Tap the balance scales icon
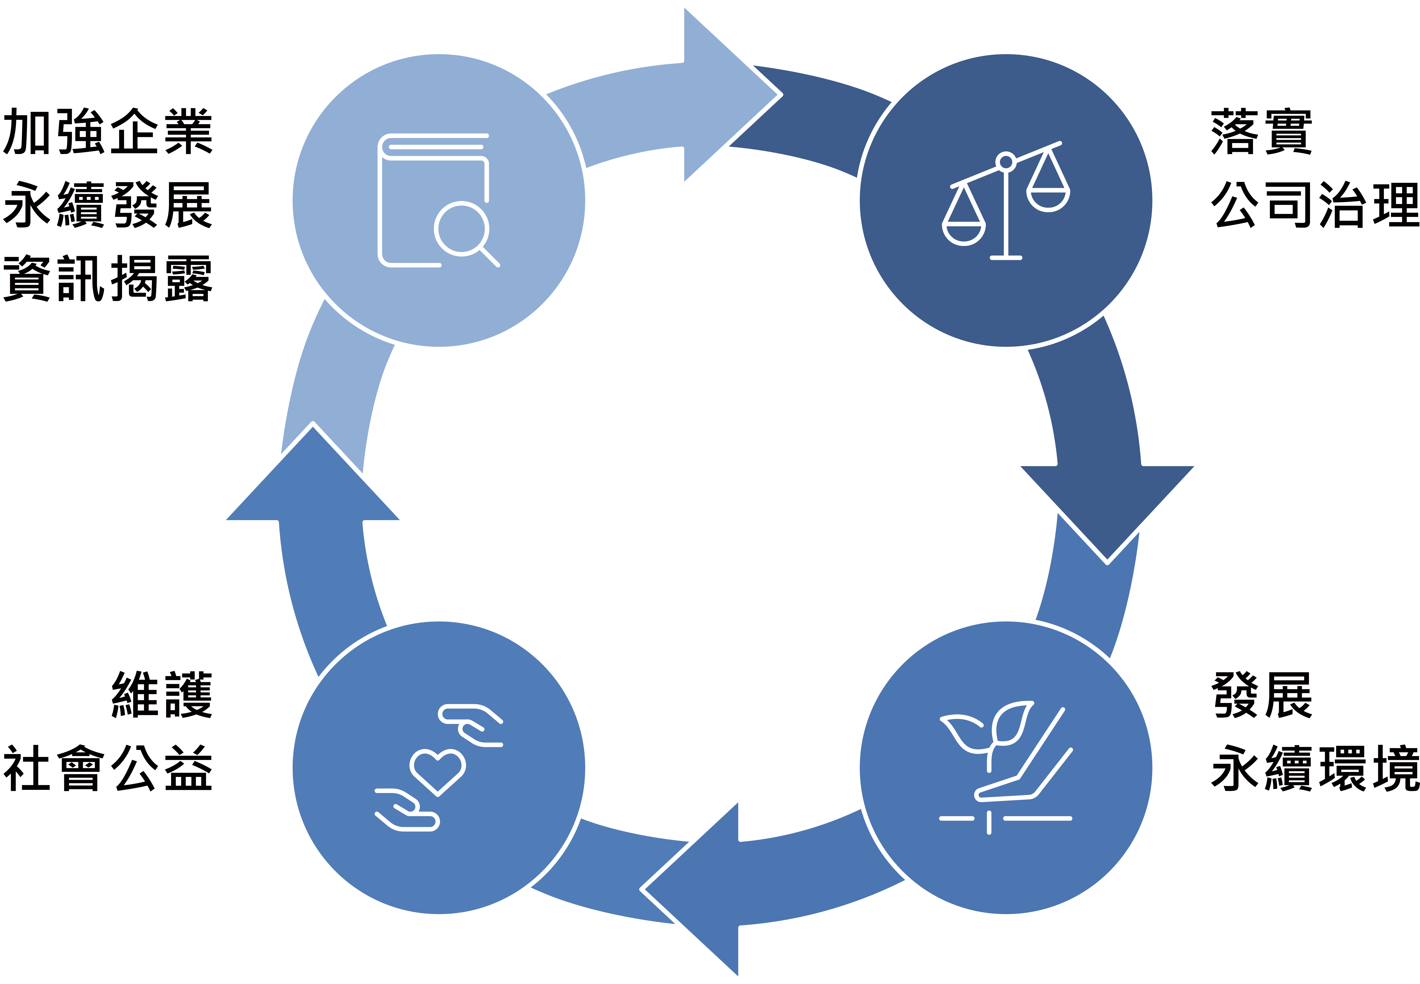(x=1006, y=200)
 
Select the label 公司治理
(x=1315, y=205)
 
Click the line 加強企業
(x=108, y=131)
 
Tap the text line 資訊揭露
(x=108, y=279)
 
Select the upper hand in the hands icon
(x=471, y=725)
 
